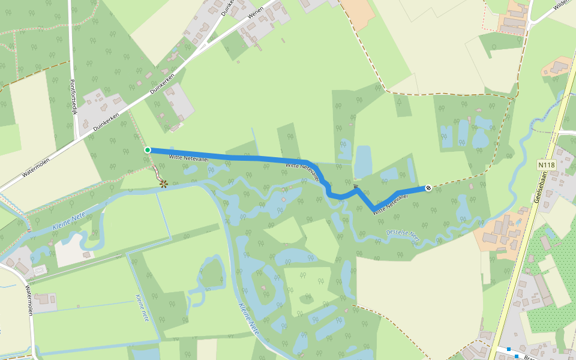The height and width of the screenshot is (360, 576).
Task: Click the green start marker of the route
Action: tap(148, 150)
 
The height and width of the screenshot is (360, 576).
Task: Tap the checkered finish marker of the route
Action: tap(428, 188)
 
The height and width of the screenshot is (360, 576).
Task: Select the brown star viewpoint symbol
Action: tap(164, 183)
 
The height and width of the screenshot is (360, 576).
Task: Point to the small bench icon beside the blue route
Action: tap(356, 187)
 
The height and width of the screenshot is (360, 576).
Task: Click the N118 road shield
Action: tap(546, 164)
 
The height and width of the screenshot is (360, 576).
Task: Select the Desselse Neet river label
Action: tap(403, 235)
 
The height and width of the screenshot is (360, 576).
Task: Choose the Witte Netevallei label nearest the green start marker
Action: tap(191, 157)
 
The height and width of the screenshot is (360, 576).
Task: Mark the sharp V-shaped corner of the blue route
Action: tap(374, 209)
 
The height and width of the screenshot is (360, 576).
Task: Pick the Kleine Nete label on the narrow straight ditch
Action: tap(142, 308)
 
